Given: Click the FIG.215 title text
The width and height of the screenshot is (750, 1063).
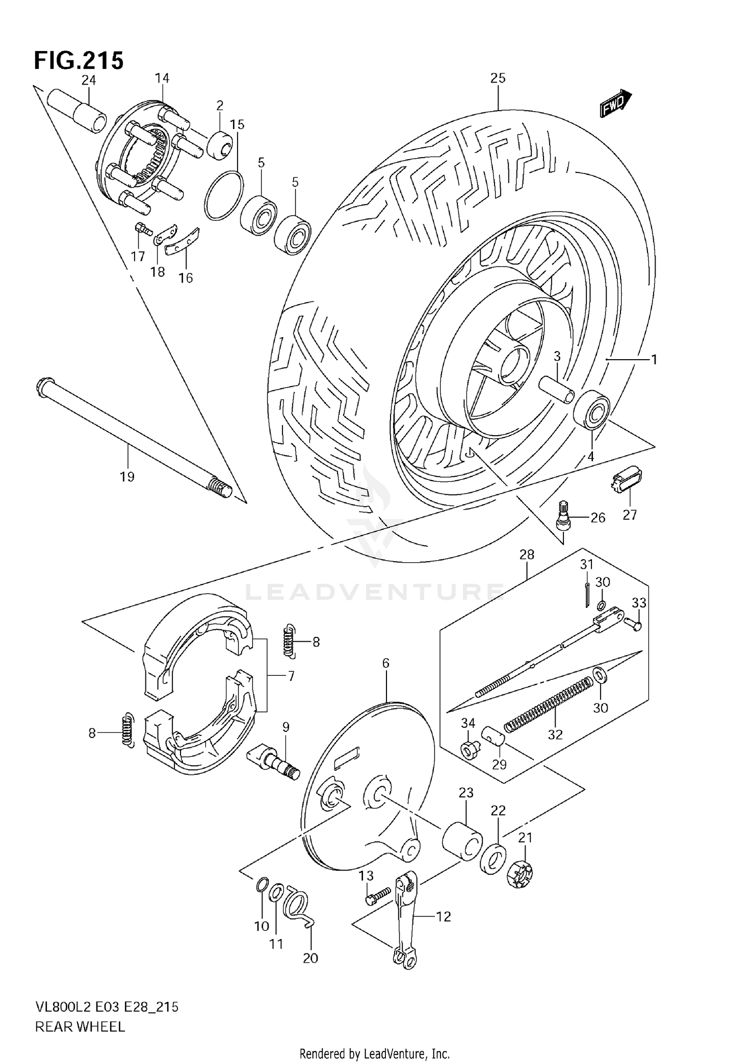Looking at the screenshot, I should click(78, 61).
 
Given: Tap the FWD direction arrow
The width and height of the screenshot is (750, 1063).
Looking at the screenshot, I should click(615, 104).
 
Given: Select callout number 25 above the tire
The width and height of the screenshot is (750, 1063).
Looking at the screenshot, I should click(498, 78).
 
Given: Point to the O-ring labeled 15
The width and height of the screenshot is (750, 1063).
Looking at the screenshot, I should click(224, 195).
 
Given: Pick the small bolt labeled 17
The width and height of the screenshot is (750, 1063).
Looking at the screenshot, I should click(142, 230).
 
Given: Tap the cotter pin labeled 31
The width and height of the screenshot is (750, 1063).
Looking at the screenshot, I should click(587, 595).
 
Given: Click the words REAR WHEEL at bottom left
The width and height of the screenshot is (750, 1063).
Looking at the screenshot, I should click(80, 1027).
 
